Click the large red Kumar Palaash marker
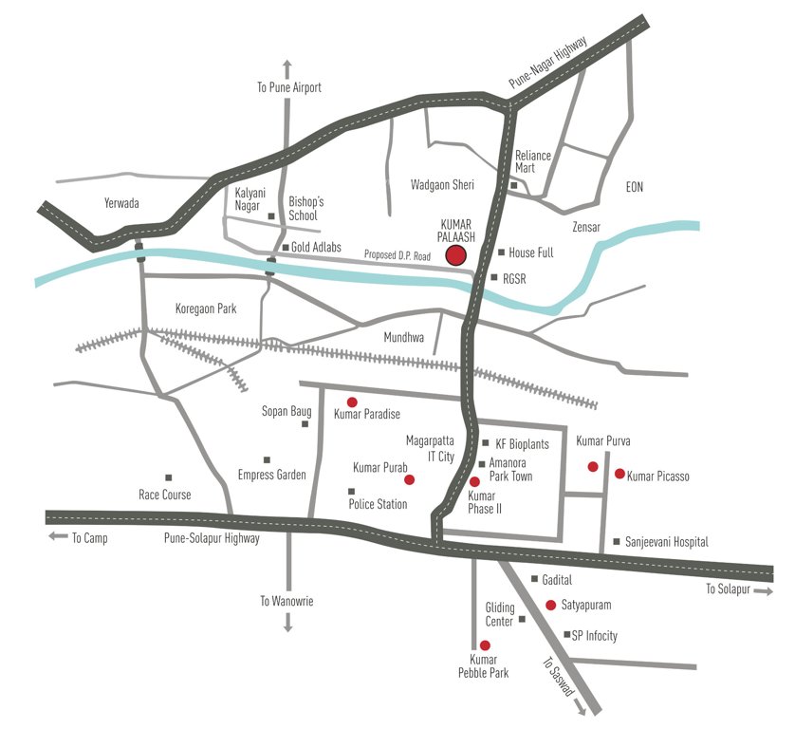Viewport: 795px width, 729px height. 456,254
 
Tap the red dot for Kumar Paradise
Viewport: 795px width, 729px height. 352,402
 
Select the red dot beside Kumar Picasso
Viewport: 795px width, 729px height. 619,473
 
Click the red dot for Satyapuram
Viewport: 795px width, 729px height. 550,605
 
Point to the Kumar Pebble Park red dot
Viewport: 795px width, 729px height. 485,645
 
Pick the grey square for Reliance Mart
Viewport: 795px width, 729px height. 513,185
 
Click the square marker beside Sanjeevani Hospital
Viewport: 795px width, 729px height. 616,541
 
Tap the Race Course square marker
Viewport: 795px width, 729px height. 168,477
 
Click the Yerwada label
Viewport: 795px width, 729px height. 120,203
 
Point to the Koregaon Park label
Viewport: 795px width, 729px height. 206,309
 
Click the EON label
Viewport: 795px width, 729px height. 634,188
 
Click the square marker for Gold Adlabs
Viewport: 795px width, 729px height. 285,247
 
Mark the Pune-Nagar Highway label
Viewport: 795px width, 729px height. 548,63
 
